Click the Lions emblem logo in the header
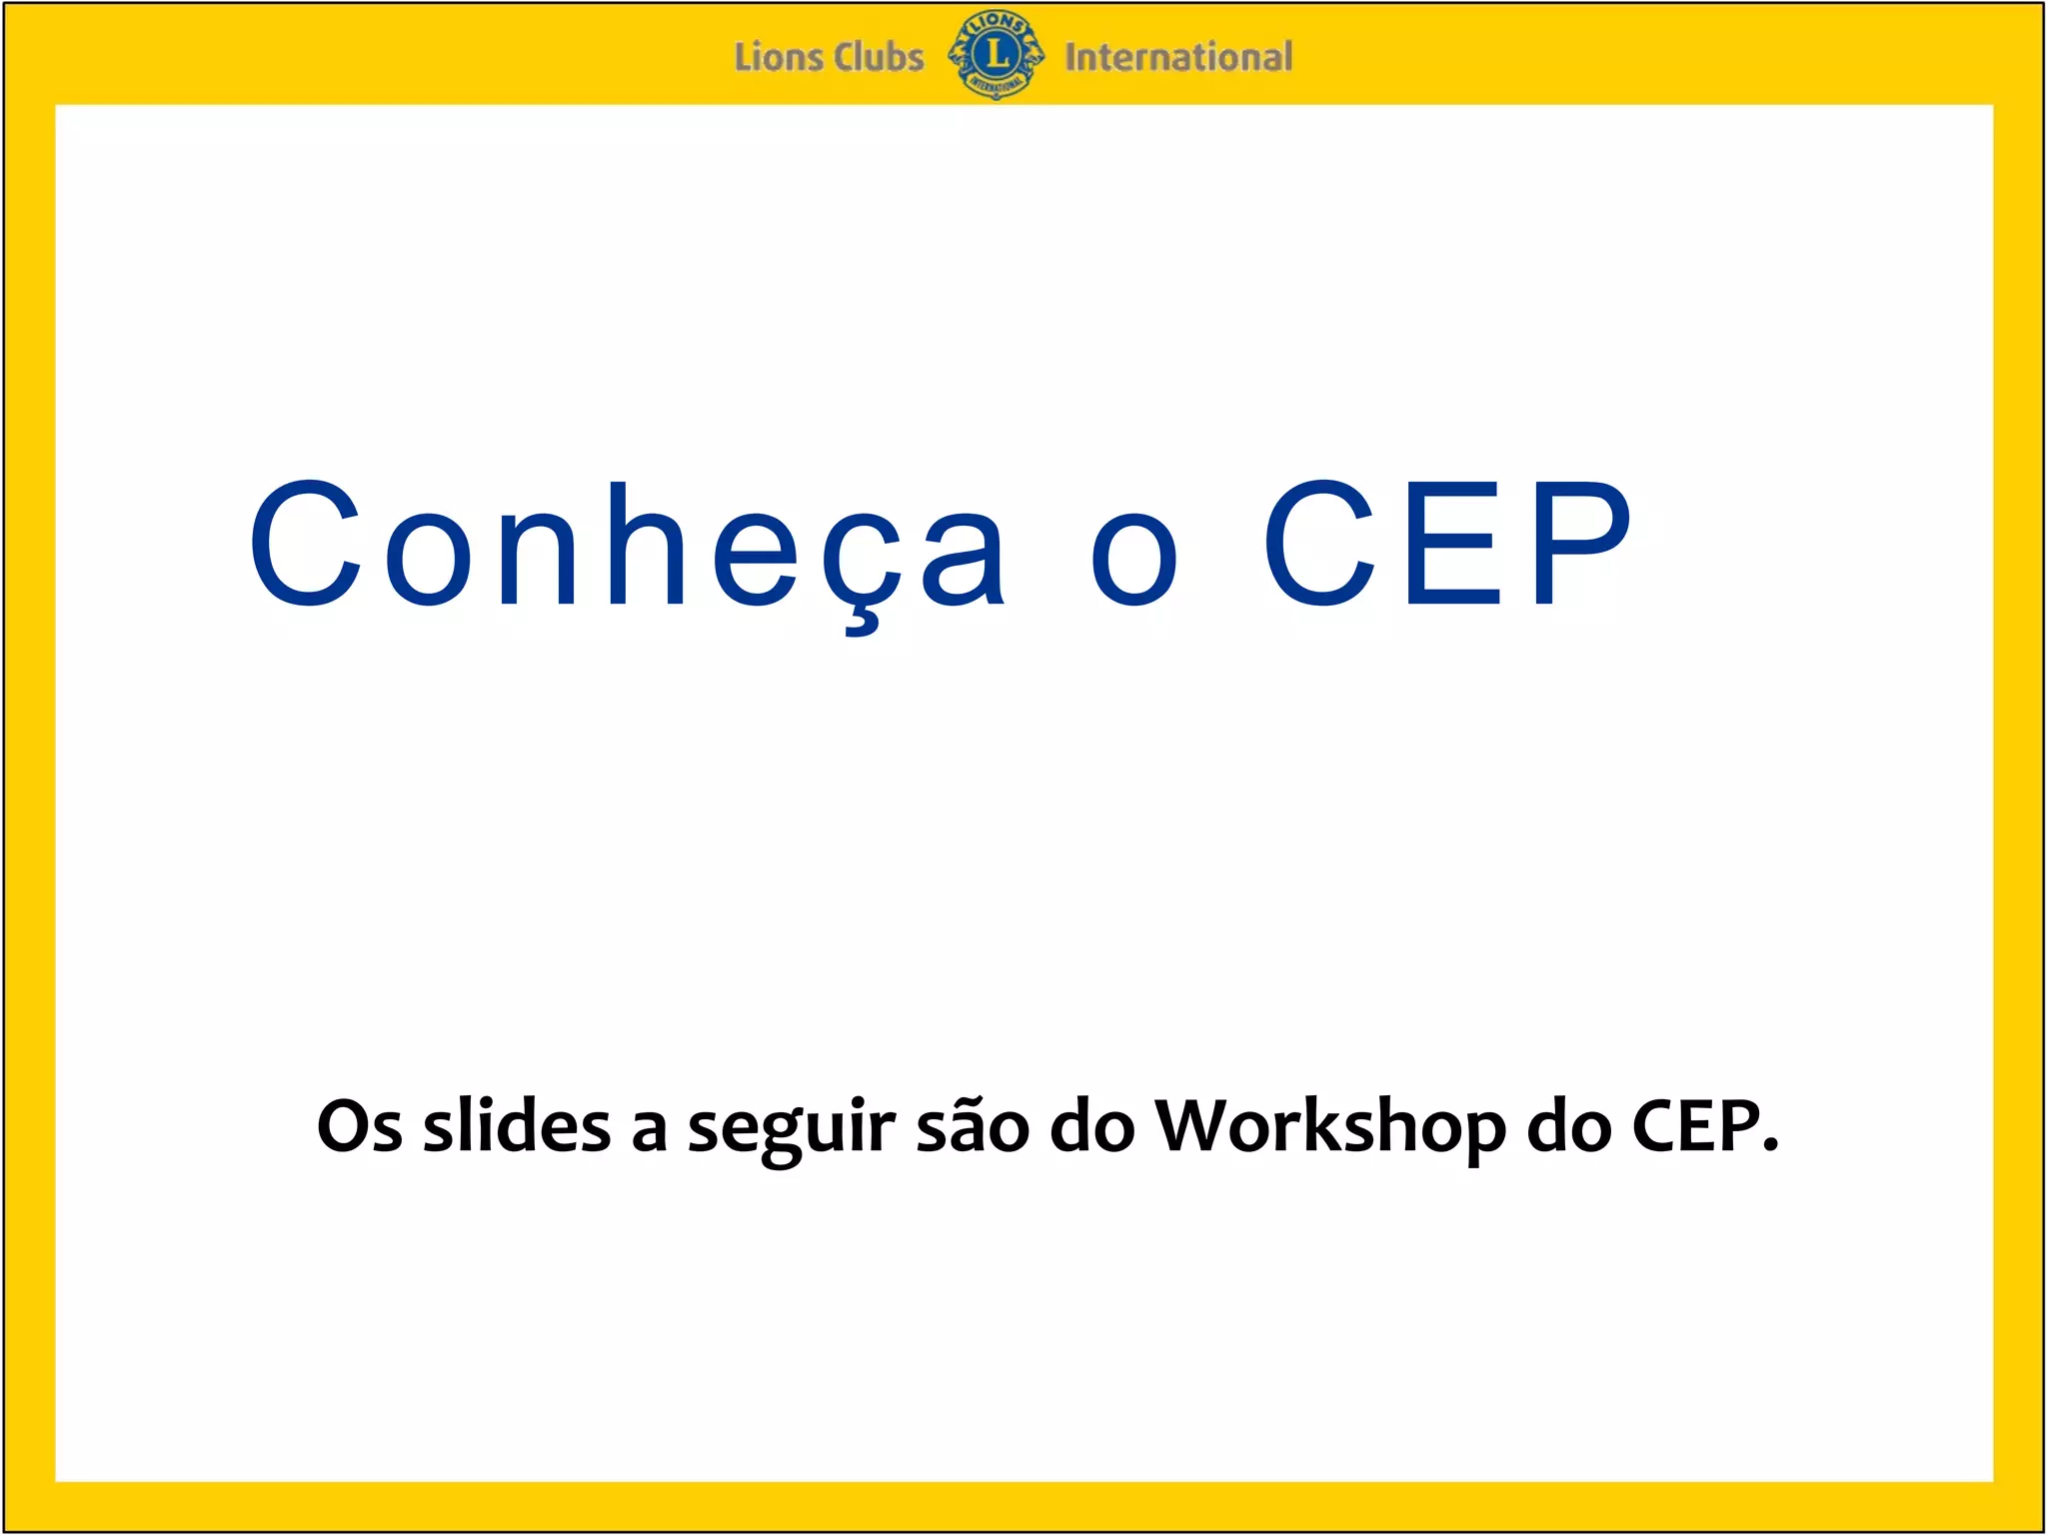(996, 55)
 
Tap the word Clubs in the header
(879, 57)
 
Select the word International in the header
(1178, 57)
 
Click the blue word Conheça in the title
(628, 548)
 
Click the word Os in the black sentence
(359, 1126)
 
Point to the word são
(973, 1126)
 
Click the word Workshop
(1330, 1126)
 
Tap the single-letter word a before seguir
(649, 1132)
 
